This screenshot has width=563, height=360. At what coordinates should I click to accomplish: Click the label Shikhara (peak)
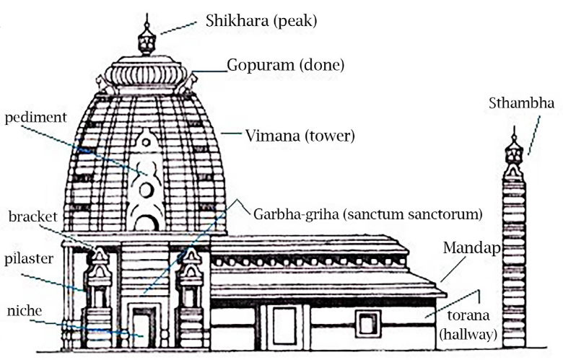tap(261, 21)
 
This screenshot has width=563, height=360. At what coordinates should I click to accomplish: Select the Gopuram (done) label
tap(285, 65)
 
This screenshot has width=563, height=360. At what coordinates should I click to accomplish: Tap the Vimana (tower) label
tap(300, 136)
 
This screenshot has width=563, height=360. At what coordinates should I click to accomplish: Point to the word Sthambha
tap(521, 103)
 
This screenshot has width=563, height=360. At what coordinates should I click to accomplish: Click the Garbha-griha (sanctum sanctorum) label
tap(367, 214)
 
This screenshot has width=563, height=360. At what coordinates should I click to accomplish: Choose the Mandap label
tap(472, 247)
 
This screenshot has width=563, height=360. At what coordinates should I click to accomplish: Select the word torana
tap(468, 315)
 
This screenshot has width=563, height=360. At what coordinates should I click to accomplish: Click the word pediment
tap(35, 118)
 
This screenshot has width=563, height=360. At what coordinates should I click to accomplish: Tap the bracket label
tap(33, 216)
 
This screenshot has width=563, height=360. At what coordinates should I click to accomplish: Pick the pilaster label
tap(29, 259)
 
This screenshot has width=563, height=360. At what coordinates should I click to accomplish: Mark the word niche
tap(25, 310)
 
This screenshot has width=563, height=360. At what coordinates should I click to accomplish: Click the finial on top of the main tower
tap(147, 35)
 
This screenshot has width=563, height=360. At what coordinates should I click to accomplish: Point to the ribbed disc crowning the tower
tap(145, 74)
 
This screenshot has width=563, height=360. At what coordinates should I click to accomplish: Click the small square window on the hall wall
tap(368, 324)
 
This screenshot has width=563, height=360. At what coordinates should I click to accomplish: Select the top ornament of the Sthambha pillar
tap(514, 153)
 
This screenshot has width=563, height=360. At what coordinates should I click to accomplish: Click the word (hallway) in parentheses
tap(468, 334)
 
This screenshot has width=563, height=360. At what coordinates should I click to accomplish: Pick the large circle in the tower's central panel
tap(146, 190)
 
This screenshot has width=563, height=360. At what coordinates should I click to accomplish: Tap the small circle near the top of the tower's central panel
tap(146, 142)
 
